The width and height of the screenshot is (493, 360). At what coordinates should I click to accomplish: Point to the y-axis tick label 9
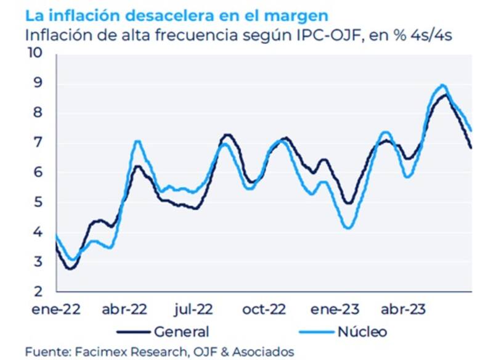pyautogui.click(x=37, y=83)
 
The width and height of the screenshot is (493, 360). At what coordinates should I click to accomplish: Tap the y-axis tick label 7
pyautogui.click(x=37, y=142)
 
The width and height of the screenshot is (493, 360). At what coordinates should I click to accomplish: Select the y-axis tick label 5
pyautogui.click(x=37, y=202)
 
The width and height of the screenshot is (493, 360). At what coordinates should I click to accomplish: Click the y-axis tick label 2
pyautogui.click(x=37, y=291)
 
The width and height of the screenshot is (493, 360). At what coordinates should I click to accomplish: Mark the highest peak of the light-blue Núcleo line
pyautogui.click(x=442, y=85)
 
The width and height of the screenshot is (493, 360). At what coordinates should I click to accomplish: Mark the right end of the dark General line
pyautogui.click(x=471, y=148)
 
